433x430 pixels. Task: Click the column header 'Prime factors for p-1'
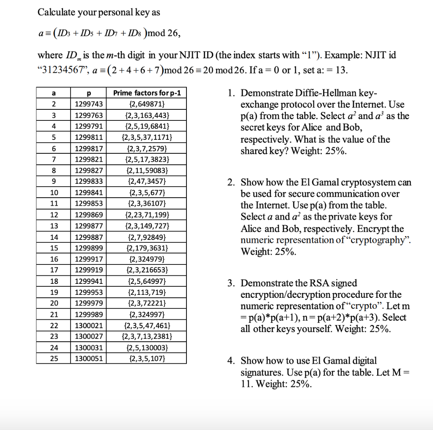(x=147, y=93)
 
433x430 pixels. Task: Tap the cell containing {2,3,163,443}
(x=147, y=115)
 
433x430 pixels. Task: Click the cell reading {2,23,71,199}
(x=147, y=215)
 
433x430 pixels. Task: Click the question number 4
(x=230, y=361)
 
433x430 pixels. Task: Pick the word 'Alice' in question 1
(x=312, y=128)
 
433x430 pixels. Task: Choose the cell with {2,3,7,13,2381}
(x=147, y=337)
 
